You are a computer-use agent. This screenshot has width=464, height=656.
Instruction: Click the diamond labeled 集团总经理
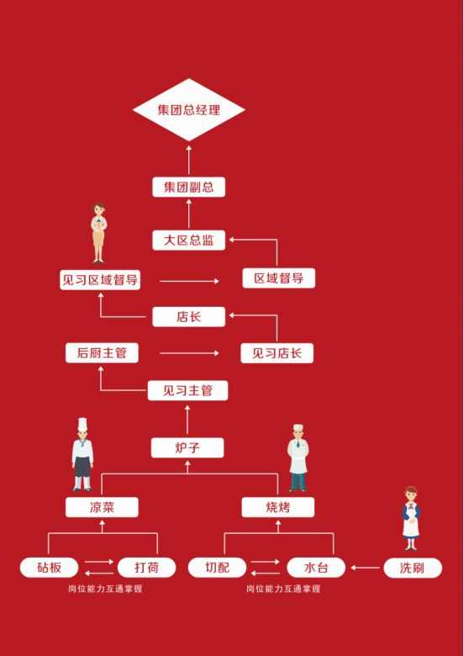pos(188,109)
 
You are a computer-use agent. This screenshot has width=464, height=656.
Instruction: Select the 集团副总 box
pos(188,187)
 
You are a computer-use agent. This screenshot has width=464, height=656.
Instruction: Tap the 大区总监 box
pos(188,241)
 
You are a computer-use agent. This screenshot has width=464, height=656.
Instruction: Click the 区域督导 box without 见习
pos(279,278)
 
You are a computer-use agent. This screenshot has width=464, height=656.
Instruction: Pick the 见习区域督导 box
pos(100,280)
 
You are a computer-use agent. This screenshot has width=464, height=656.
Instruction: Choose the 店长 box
pos(188,317)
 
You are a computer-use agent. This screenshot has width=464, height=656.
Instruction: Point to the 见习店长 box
pos(277,353)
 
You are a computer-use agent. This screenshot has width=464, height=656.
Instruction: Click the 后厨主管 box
pos(102,353)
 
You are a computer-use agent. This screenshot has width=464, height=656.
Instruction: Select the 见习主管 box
pos(187,390)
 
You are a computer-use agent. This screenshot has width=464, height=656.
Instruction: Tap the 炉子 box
pos(187,447)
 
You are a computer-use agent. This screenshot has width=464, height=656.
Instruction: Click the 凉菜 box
pos(102,507)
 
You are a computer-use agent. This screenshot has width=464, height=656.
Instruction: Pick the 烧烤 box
pos(278,507)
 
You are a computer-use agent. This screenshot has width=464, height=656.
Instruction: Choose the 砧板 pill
pos(50,568)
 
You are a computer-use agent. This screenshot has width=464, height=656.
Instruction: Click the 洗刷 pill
pos(413,568)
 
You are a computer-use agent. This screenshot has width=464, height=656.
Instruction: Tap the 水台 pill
pos(316,568)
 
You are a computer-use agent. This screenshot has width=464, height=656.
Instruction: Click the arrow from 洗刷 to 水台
pos(365,568)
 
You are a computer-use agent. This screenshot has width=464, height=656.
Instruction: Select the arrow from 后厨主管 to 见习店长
pos(189,353)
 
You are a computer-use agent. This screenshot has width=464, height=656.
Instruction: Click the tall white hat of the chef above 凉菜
pos(82,424)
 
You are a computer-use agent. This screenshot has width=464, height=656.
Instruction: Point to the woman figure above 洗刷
pos(411,518)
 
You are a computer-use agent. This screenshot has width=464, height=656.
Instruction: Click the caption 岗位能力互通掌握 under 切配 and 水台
pos(283,589)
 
